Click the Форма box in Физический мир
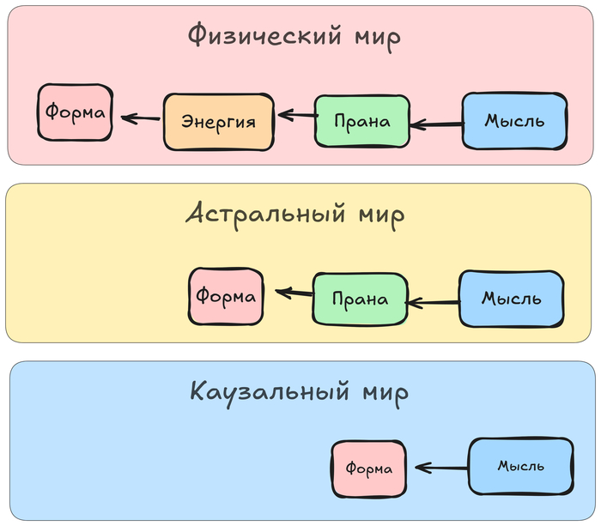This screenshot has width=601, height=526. [76, 112]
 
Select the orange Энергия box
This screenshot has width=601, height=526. [218, 121]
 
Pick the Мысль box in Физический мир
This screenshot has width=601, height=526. [514, 120]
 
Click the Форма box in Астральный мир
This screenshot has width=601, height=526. [226, 297]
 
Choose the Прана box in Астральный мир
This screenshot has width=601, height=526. [358, 299]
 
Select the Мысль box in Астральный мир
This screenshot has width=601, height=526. [511, 299]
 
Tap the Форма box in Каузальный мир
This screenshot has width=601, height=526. [369, 469]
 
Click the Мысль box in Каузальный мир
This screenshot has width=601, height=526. [520, 466]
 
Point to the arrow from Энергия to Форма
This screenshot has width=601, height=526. [140, 117]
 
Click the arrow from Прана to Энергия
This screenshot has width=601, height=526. [296, 114]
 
